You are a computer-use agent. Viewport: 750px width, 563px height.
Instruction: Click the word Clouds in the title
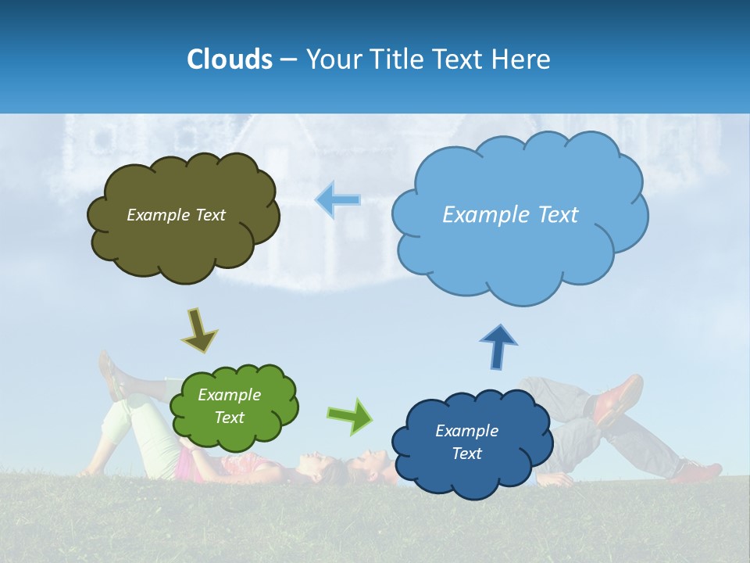[x=229, y=59]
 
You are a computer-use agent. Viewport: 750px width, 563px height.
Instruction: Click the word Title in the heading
[x=398, y=59]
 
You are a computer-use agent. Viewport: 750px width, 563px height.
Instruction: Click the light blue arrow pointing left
[x=338, y=199]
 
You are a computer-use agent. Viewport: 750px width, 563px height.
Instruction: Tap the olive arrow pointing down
[x=199, y=329]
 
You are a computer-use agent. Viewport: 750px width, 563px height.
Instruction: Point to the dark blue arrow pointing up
[x=498, y=346]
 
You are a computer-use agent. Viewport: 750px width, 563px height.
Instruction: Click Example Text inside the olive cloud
[x=176, y=215]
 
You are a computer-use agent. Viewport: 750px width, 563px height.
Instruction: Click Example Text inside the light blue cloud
[x=510, y=215]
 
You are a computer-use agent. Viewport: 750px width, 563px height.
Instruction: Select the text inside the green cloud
[x=230, y=407]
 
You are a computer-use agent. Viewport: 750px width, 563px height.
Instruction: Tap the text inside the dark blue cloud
[x=466, y=442]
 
